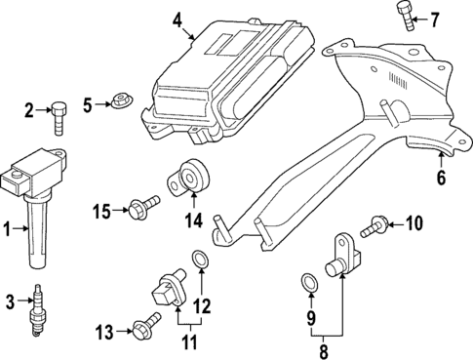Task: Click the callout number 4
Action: [x=177, y=19]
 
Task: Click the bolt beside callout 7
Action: [x=405, y=16]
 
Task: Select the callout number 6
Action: [x=441, y=178]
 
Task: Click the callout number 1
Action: [x=8, y=230]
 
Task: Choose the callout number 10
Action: [x=414, y=225]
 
